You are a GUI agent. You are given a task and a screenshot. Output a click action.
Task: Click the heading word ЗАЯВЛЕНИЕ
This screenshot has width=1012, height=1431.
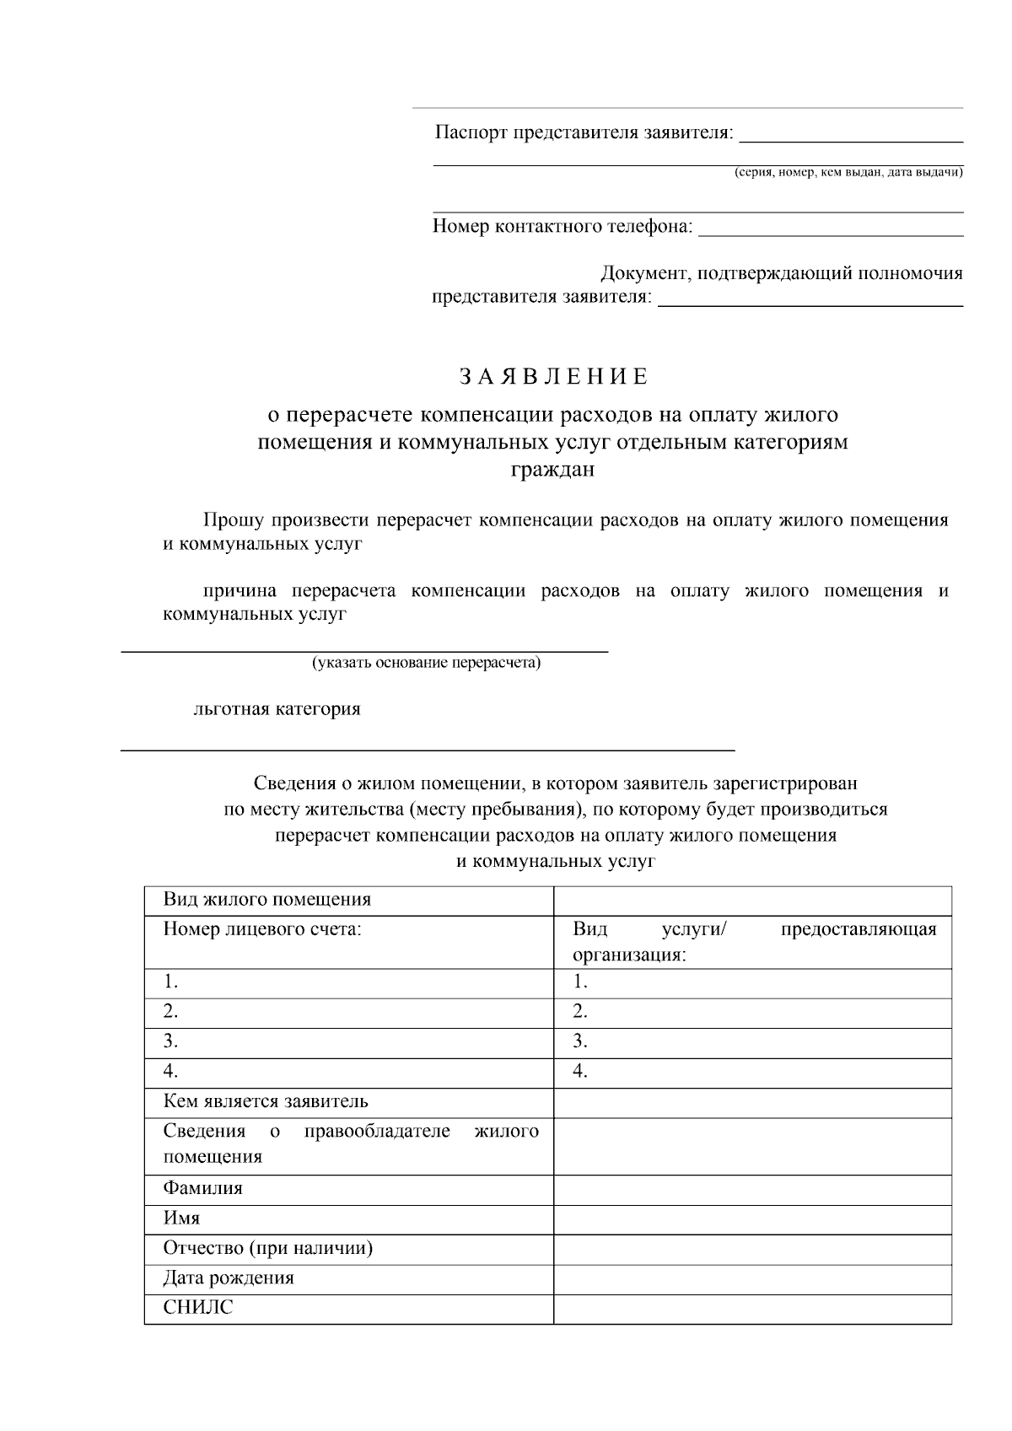pos(553,376)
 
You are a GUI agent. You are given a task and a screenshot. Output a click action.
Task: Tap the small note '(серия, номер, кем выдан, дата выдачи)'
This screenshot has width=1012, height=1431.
pos(848,172)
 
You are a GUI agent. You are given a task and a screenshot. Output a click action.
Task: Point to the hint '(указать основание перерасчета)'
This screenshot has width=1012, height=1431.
pos(427,662)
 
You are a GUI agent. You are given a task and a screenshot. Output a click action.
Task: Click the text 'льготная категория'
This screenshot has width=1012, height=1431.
pos(277,708)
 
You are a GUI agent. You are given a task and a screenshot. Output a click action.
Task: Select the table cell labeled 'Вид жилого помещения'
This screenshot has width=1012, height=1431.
pos(267,899)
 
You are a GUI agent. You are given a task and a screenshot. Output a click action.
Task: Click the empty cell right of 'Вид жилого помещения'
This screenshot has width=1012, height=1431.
pos(752,900)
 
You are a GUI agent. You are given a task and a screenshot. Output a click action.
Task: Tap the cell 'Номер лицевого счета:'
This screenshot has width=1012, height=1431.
pos(262,929)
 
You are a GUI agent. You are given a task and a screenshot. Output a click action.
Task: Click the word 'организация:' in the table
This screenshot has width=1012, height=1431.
pos(629,955)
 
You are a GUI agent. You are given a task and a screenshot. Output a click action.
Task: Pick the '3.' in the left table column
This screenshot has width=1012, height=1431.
pos(171,1041)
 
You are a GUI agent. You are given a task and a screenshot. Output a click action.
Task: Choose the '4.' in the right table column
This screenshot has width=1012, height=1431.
pos(580,1072)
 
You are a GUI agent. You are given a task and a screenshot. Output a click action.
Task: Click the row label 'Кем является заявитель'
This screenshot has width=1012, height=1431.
pos(266,1101)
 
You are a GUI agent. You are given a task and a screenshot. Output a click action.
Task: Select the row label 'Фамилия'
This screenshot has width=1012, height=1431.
pos(202,1188)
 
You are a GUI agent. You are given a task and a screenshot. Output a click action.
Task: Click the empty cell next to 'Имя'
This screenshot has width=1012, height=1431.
pos(752,1219)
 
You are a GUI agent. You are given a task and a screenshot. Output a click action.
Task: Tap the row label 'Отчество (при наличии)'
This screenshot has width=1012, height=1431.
pos(267,1248)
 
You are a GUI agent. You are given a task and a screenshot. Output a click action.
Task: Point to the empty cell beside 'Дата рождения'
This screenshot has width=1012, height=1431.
pos(752,1278)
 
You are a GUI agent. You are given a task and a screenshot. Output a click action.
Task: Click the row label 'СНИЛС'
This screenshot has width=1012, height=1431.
pos(197,1308)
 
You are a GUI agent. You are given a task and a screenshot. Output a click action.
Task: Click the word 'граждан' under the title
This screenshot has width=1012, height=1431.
pos(552,470)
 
